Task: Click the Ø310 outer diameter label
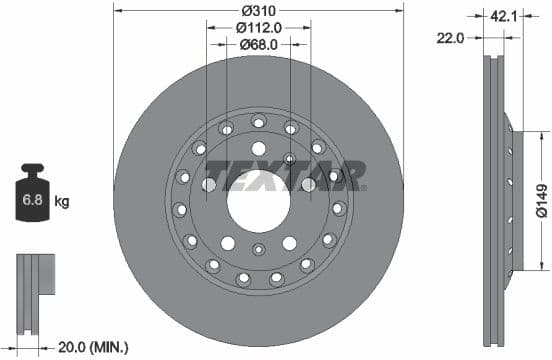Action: (259, 10)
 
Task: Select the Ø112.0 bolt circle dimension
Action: (259, 28)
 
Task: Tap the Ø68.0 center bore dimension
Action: (259, 44)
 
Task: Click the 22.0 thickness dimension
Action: (453, 37)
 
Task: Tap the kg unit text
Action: (62, 202)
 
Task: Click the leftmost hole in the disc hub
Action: (180, 209)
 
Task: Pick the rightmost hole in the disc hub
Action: (339, 208)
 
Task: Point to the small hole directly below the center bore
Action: (259, 250)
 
